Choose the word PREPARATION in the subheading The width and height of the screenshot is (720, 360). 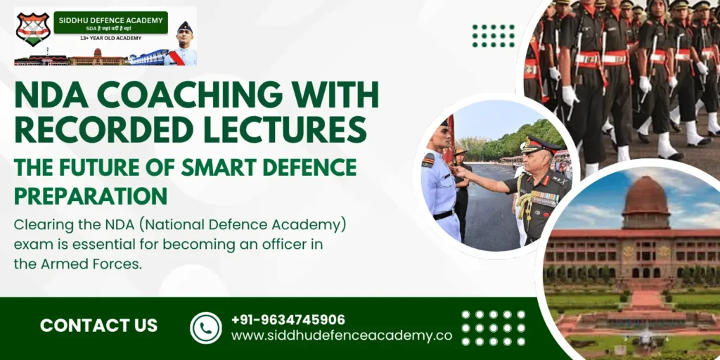[x=91, y=195]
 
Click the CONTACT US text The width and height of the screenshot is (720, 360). [x=98, y=326]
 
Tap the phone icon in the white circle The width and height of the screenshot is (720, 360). [x=206, y=328]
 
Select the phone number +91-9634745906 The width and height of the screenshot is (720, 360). [x=288, y=319]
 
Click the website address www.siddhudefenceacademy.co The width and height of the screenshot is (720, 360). [x=342, y=335]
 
